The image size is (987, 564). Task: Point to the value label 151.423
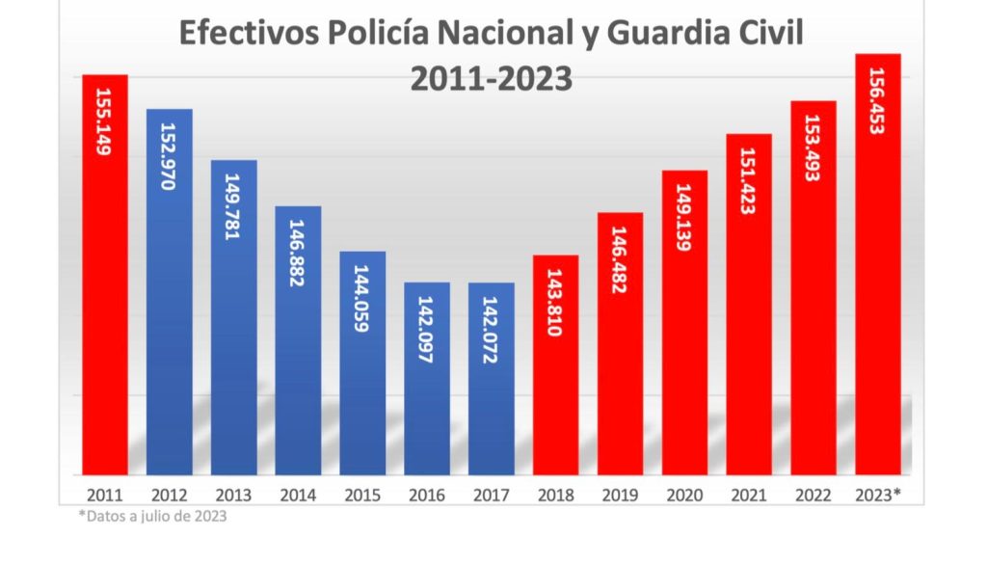point(749,180)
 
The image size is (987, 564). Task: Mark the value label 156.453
point(878,100)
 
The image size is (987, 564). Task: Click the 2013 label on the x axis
point(233,496)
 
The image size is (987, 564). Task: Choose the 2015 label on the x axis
point(362,496)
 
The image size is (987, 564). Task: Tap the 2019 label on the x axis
point(621,496)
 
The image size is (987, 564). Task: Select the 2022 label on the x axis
point(814,496)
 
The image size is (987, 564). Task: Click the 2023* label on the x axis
point(878,496)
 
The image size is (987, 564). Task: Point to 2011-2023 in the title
point(492,78)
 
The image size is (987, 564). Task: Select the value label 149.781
point(233,206)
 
